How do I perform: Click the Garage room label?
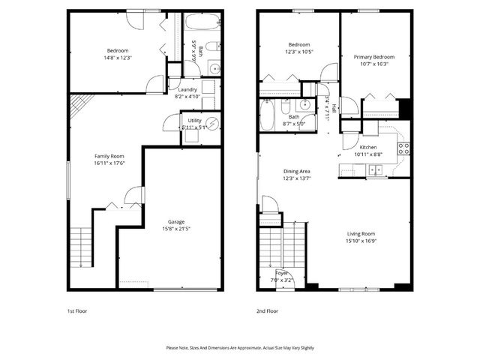point(176,221)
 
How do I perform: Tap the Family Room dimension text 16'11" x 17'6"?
point(109,163)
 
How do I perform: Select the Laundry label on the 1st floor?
point(187,90)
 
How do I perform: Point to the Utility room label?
point(194,120)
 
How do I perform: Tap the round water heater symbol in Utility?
point(212,124)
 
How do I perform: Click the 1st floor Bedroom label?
point(117,50)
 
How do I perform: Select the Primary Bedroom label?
point(374,57)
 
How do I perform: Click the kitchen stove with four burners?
point(403,148)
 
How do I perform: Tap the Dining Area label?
point(296,172)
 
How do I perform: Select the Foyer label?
point(282,273)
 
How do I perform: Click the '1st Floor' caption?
point(77,310)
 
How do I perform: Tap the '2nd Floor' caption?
point(267,310)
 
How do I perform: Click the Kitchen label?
point(367,147)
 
